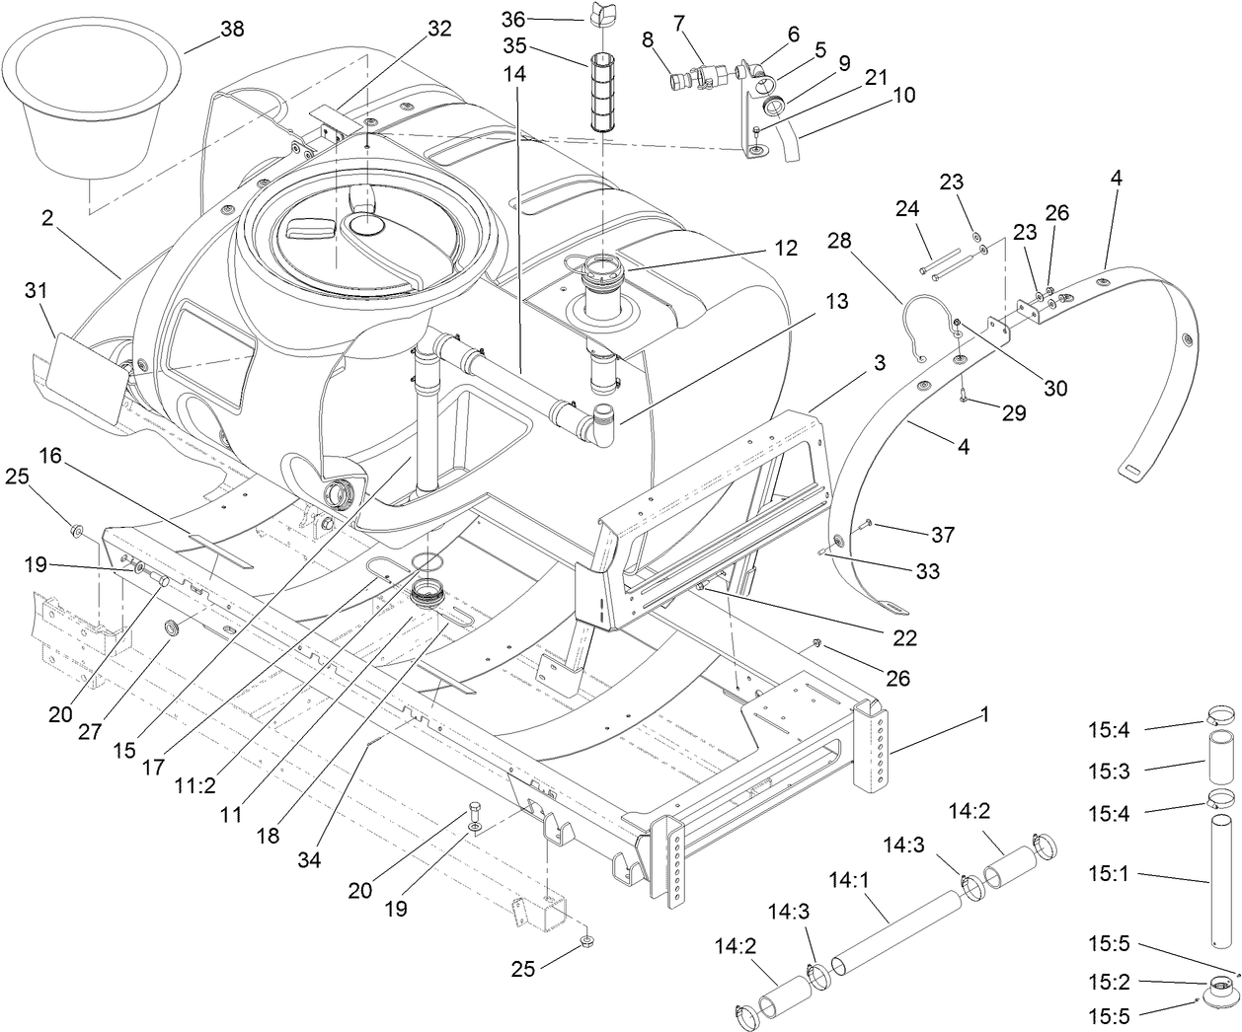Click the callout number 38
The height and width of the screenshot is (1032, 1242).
point(232,30)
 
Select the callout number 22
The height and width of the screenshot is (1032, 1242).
point(903,639)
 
